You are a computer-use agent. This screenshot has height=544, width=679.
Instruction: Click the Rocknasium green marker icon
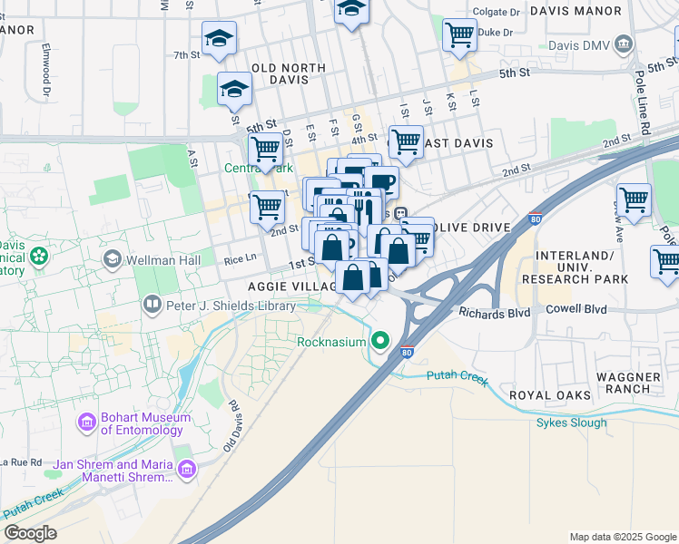pos(380,342)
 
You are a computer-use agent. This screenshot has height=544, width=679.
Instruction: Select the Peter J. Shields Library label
pos(229,306)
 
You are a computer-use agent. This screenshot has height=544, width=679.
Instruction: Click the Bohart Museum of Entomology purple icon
pos(87,423)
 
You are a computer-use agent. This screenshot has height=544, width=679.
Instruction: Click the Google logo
pos(30,532)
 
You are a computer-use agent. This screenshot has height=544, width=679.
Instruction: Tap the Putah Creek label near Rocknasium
pos(449,373)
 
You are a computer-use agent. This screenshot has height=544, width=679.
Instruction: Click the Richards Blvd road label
pos(493,314)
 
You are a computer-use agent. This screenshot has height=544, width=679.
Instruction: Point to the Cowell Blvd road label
pos(576,308)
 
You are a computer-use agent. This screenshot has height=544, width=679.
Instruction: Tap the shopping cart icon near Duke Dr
pos(460,35)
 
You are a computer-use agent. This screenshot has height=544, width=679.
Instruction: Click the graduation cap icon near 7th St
pos(218,39)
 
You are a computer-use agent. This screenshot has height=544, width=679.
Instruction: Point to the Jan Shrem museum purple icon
pos(188,469)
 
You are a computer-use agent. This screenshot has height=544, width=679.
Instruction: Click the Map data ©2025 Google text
pos(621,537)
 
